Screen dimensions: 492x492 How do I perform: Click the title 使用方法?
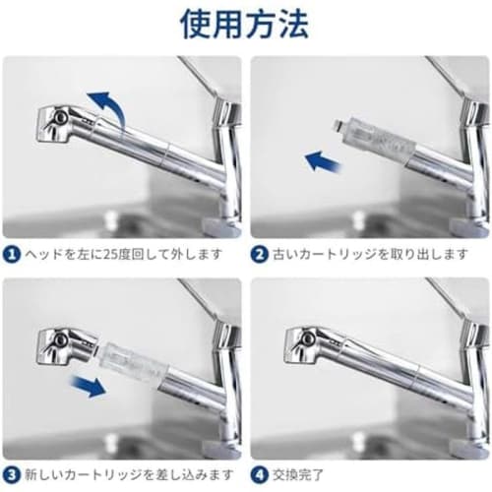click(246, 24)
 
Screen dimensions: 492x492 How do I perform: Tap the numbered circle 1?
click(11, 254)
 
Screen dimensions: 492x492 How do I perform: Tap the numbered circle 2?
click(260, 254)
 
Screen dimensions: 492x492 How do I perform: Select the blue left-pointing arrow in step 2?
click(323, 159)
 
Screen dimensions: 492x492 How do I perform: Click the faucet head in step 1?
click(59, 124)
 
